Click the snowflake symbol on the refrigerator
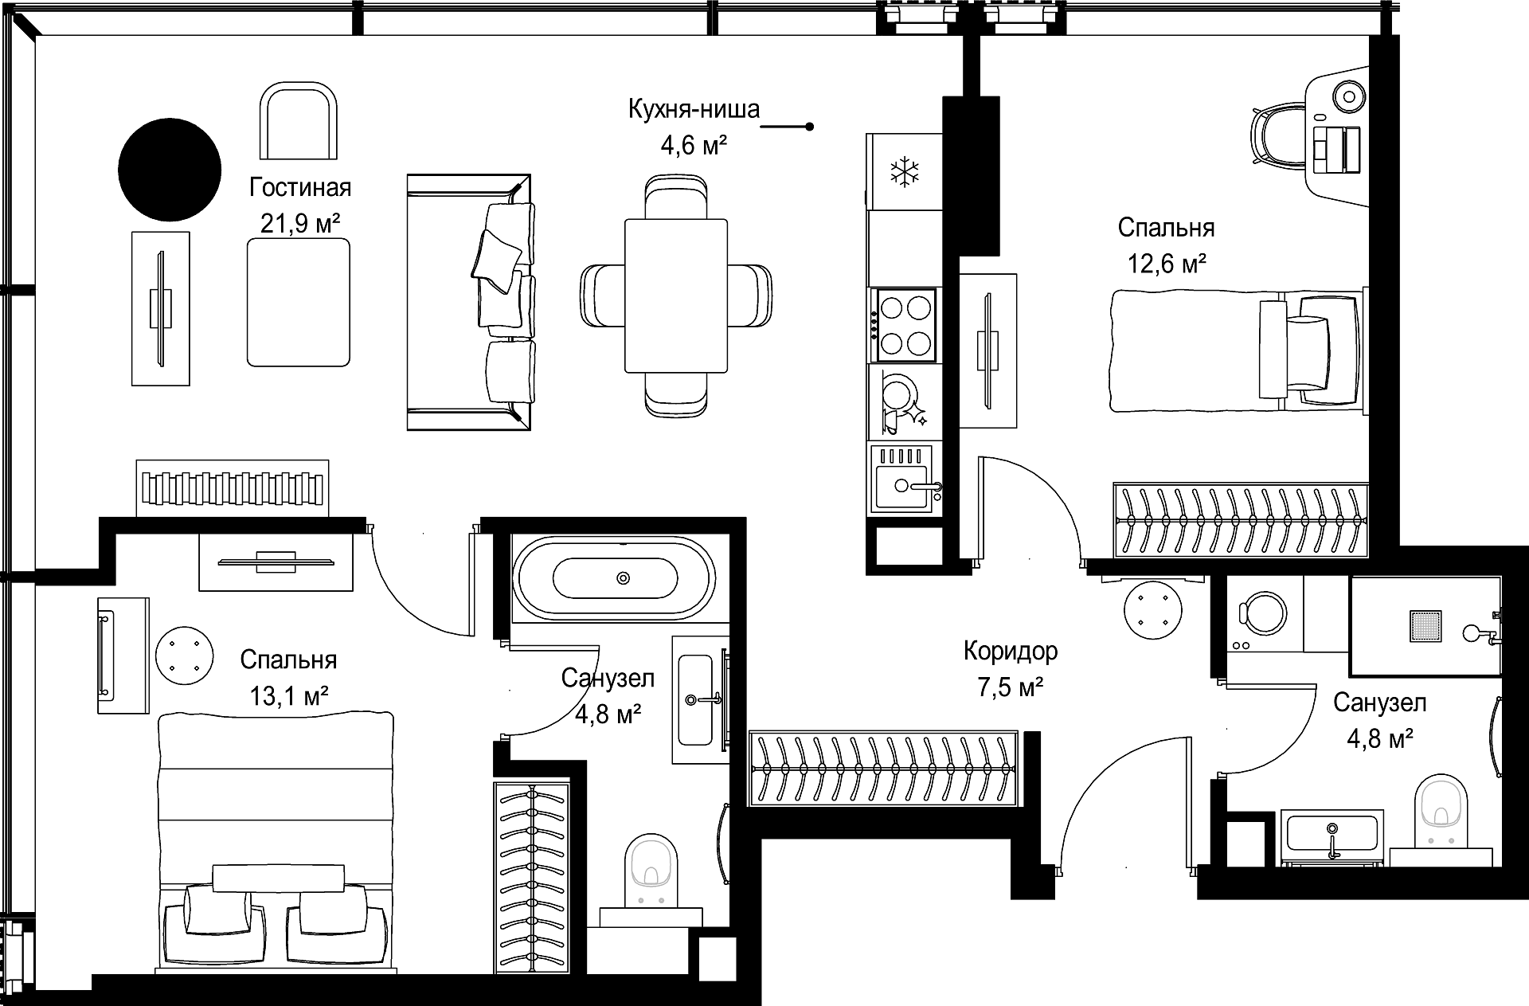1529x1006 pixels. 904,172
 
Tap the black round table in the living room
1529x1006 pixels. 169,169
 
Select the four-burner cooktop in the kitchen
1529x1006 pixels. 905,324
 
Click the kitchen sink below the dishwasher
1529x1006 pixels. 905,478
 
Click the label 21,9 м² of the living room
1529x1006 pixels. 300,224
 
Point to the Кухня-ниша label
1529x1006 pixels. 694,109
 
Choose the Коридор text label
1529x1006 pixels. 1011,652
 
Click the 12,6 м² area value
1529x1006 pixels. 1166,264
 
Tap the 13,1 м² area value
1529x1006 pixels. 289,696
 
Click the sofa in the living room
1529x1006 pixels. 469,303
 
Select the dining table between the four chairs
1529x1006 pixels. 676,296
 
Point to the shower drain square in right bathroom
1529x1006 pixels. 1425,626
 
